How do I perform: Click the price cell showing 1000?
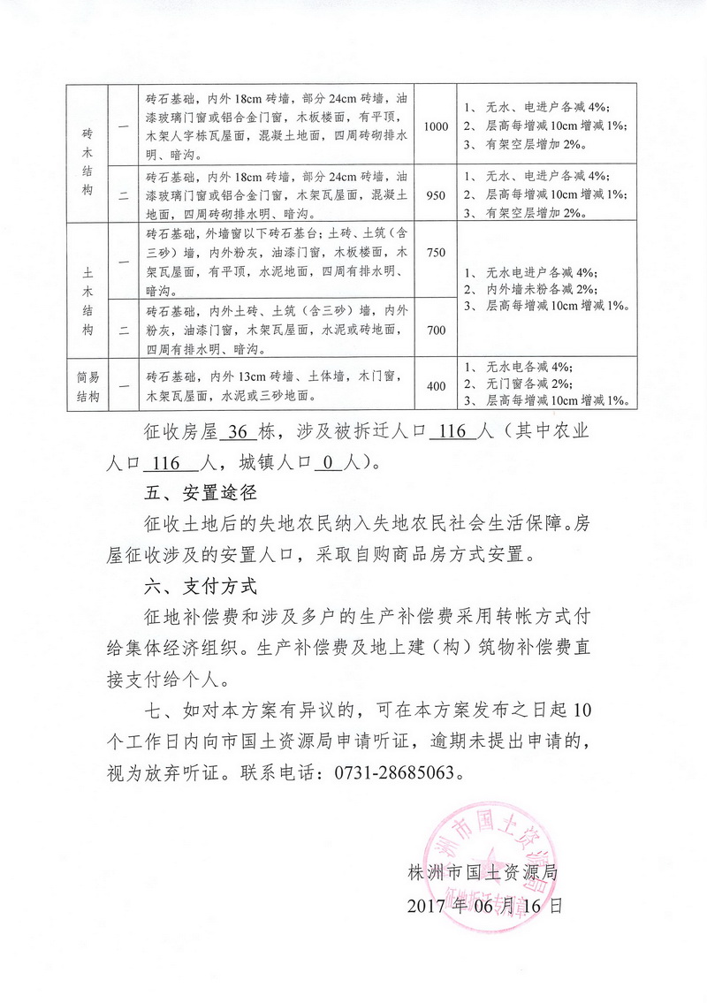(436, 126)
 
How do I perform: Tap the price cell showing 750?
(436, 254)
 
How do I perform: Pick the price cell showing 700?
(436, 330)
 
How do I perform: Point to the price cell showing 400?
(436, 384)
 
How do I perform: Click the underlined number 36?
(239, 432)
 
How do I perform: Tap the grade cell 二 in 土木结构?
(123, 330)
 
